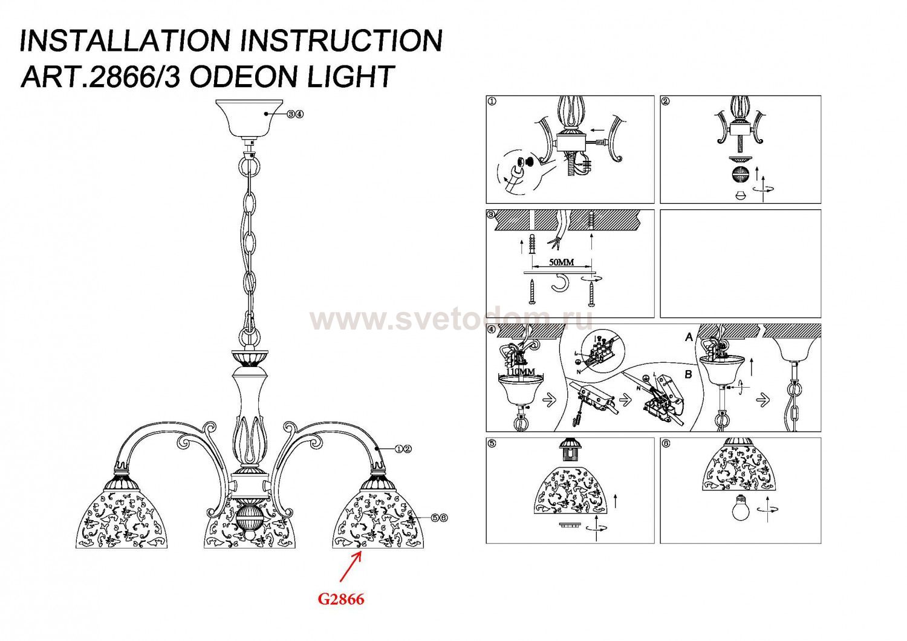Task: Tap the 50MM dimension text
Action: [561, 262]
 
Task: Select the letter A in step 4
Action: [688, 337]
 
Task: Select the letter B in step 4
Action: [688, 375]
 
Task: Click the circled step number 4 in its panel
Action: [492, 330]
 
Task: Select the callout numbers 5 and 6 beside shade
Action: [439, 518]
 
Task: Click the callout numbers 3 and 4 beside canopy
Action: [295, 114]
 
